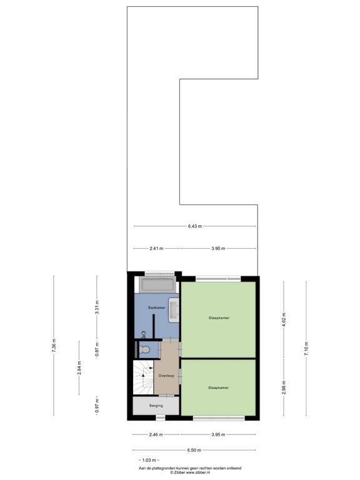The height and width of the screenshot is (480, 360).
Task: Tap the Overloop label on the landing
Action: (166, 376)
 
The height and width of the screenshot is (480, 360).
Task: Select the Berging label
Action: (156, 406)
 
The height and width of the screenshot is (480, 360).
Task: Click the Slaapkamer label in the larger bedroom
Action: (219, 318)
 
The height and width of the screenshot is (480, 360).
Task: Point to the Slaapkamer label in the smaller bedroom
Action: (219, 387)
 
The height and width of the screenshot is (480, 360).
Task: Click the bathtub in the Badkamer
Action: (159, 286)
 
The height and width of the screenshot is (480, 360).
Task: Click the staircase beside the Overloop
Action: (142, 378)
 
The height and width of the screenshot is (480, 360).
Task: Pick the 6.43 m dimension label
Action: (195, 226)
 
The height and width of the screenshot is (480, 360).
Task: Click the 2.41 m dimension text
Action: (156, 249)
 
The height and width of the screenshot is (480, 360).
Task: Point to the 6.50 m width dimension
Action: (195, 450)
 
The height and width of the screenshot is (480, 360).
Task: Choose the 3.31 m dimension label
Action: (97, 309)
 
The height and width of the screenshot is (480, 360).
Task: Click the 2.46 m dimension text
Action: (156, 434)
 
